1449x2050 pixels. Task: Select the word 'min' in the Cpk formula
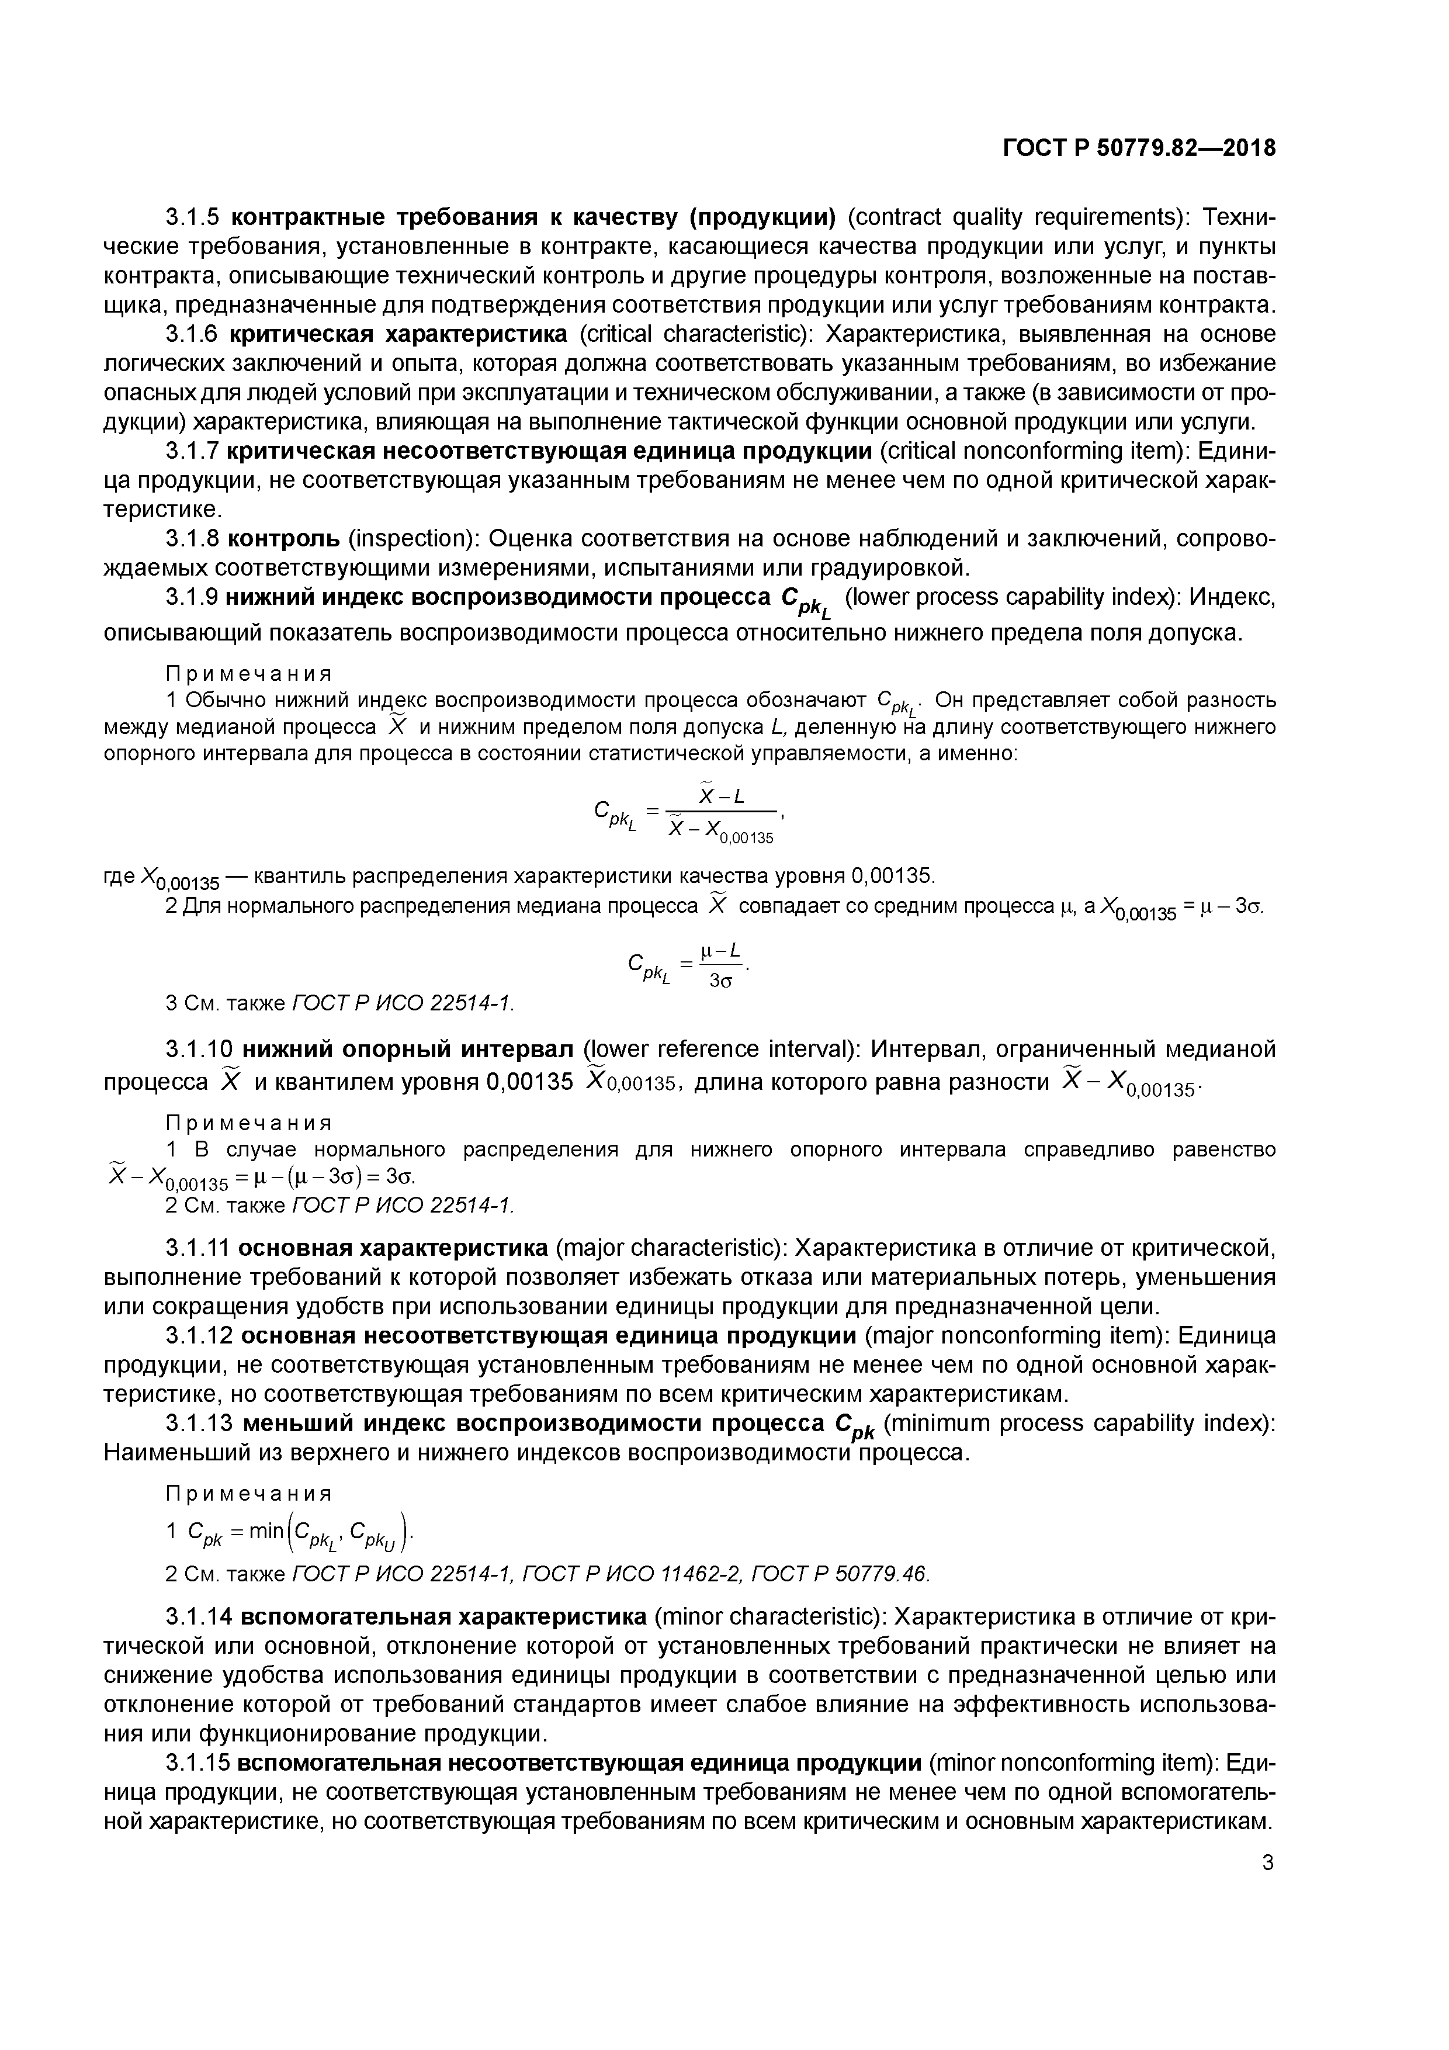[x=266, y=1531]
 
